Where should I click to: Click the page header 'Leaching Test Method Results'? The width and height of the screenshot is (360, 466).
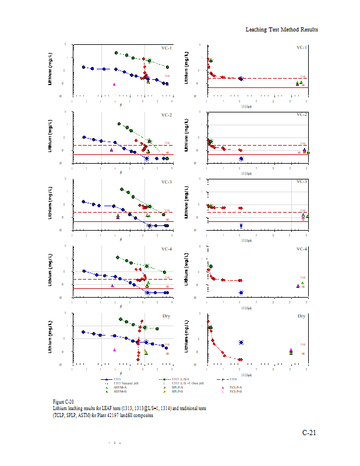pyautogui.click(x=281, y=30)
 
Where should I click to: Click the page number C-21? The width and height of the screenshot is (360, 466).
pyautogui.click(x=309, y=432)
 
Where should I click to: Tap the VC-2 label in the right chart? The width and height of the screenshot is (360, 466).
pyautogui.click(x=302, y=114)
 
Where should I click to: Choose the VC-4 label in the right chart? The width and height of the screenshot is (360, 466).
pyautogui.click(x=302, y=249)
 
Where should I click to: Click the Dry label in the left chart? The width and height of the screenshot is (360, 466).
pyautogui.click(x=168, y=316)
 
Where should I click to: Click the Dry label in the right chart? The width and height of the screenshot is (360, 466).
pyautogui.click(x=302, y=316)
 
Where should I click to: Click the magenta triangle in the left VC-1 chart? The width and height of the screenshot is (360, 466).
pyautogui.click(x=114, y=84)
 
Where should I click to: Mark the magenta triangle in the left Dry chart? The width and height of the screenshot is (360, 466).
pyautogui.click(x=114, y=350)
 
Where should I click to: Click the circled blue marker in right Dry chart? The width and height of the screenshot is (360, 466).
pyautogui.click(x=241, y=343)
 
